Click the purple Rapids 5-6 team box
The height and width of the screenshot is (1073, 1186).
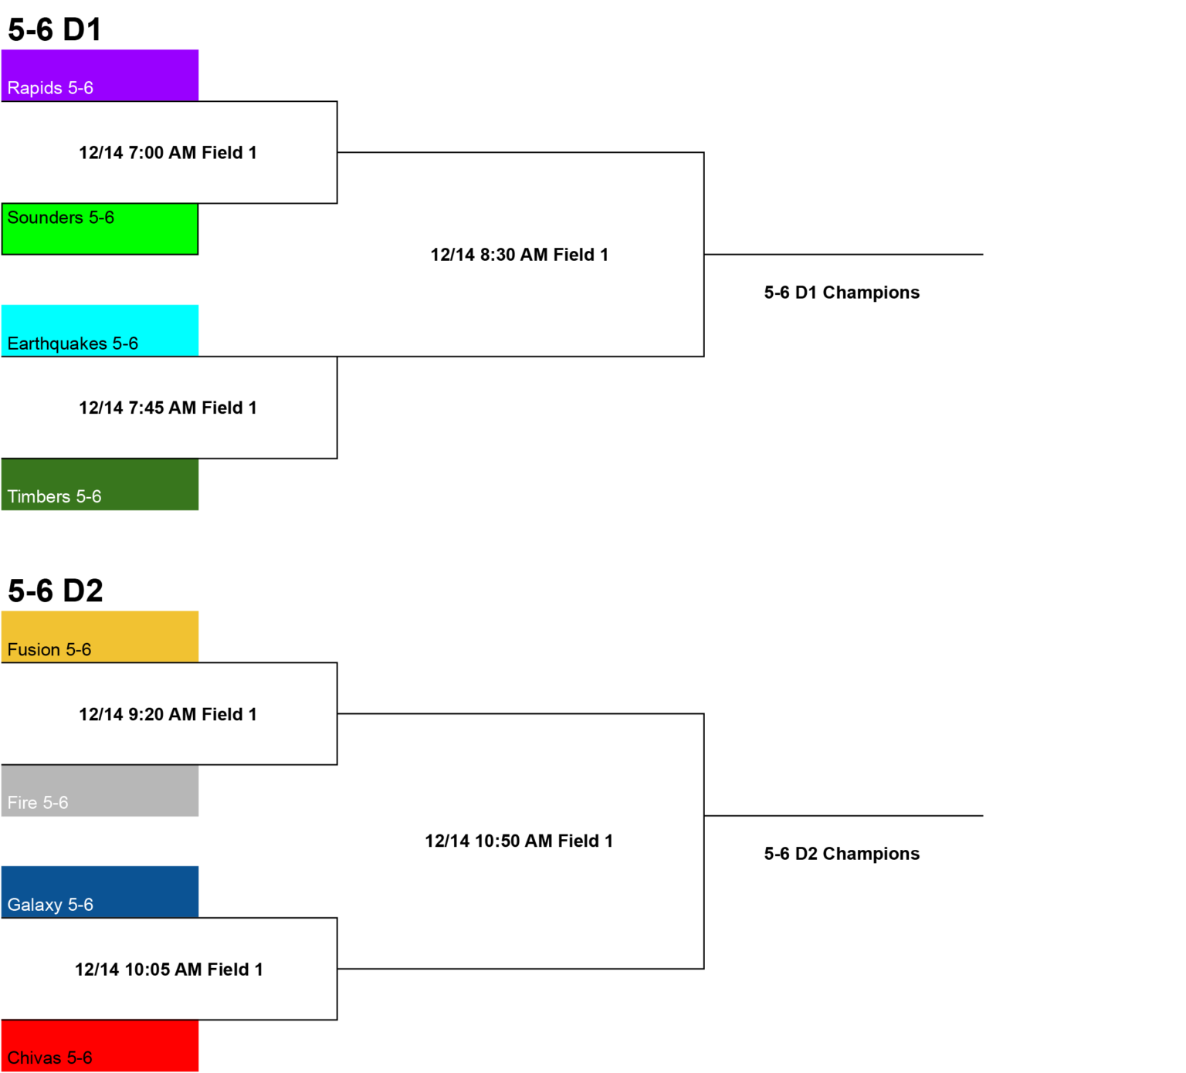(100, 75)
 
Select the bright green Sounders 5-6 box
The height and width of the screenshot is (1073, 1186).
(100, 228)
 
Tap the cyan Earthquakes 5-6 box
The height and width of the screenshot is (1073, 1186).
(100, 330)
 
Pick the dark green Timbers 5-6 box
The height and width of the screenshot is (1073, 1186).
(100, 484)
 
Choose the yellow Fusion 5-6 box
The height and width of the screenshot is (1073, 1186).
(100, 637)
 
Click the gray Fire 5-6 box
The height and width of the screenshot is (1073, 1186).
(100, 790)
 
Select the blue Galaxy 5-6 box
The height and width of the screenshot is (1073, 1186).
(100, 892)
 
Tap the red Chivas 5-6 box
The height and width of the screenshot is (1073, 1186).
(100, 1045)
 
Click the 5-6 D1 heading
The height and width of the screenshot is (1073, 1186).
(55, 30)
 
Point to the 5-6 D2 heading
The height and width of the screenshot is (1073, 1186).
(56, 591)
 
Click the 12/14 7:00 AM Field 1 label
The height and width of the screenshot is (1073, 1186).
(168, 153)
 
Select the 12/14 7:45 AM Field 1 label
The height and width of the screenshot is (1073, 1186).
(168, 408)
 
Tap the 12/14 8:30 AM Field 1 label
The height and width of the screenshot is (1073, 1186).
(520, 255)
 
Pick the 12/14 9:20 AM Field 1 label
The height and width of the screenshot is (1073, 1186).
(168, 714)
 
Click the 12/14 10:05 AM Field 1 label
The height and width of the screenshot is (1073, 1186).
(169, 970)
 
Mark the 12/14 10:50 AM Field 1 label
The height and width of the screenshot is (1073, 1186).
(519, 841)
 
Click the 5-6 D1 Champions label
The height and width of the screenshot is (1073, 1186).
(842, 293)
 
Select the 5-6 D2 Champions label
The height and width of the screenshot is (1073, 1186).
(842, 854)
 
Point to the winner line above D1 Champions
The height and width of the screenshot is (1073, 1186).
(843, 254)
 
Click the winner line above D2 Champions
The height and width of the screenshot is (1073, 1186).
(843, 815)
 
